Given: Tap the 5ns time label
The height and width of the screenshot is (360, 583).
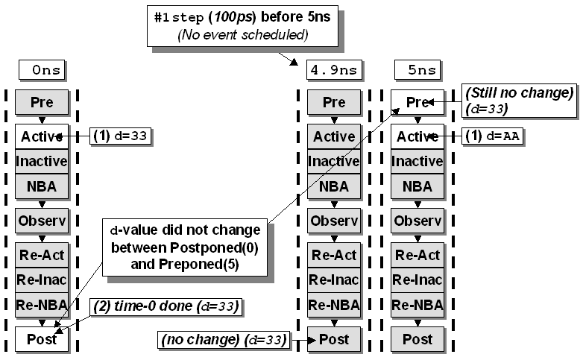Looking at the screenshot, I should (x=417, y=71).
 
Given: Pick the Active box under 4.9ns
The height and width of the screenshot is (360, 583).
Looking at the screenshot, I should (x=334, y=136).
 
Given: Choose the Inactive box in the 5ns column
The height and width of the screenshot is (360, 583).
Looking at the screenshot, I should (x=417, y=161).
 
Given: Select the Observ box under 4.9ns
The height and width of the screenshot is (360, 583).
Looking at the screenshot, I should (x=334, y=221).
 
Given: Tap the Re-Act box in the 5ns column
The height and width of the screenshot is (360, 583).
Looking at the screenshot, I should (x=417, y=255).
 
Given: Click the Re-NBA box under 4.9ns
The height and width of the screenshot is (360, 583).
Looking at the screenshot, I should (x=334, y=304).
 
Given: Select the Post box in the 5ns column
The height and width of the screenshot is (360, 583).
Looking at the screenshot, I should (x=417, y=339).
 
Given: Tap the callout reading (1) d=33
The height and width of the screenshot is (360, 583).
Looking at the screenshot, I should (x=120, y=136).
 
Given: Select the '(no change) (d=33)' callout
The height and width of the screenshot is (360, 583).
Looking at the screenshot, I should (x=224, y=340).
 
